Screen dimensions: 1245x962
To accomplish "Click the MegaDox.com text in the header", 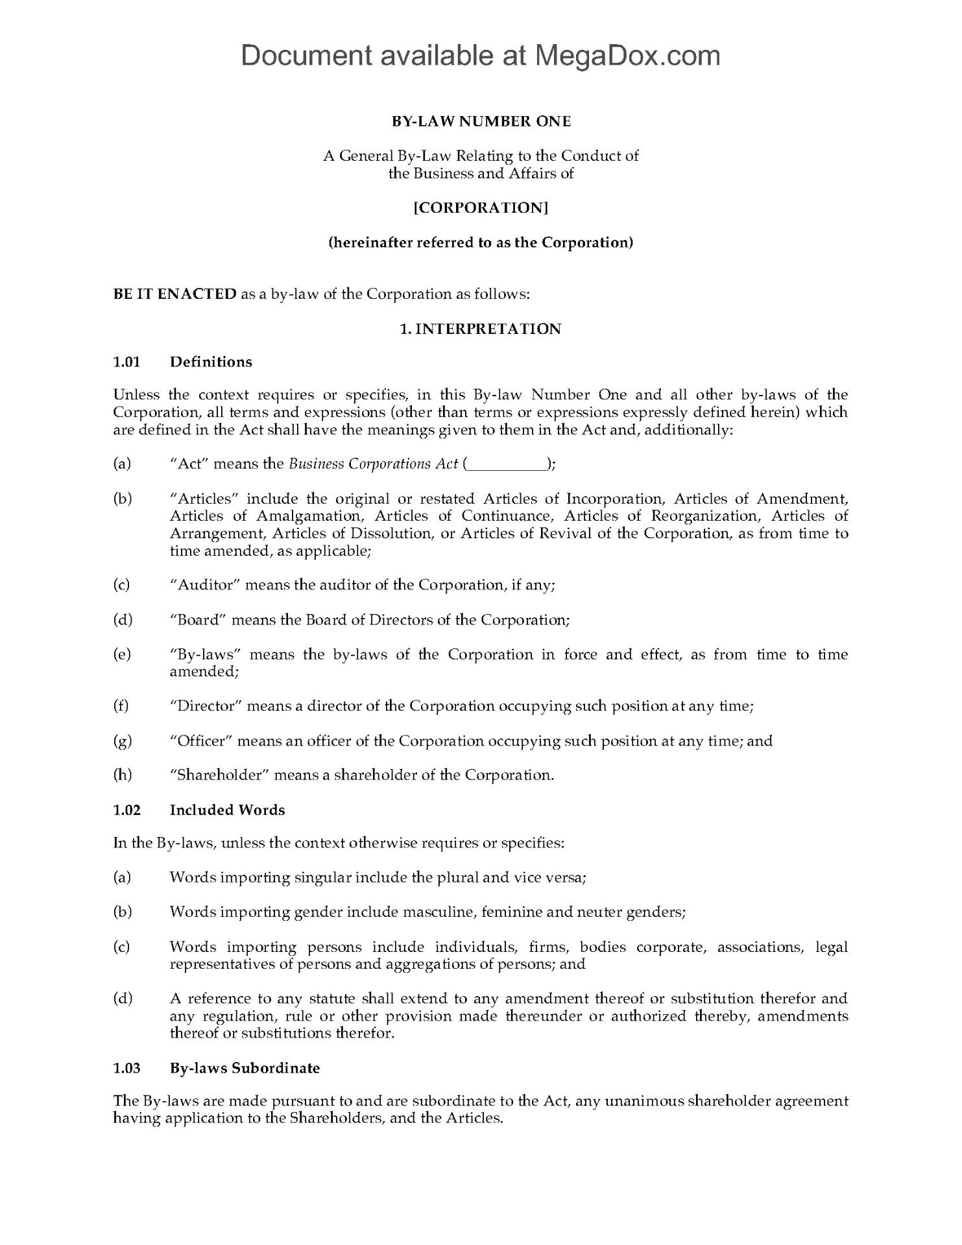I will [x=627, y=56].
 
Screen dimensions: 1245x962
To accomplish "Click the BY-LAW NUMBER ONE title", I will [x=481, y=121].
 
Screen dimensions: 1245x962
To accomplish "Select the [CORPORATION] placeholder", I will [x=481, y=207].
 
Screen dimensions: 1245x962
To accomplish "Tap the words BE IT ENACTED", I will [x=175, y=294].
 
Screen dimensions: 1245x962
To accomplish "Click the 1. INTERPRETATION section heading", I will [x=481, y=329].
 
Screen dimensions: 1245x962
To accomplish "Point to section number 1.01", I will [x=127, y=362].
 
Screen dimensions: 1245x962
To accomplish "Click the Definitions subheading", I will [x=211, y=362].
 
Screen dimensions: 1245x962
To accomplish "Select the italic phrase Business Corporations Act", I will [x=373, y=464].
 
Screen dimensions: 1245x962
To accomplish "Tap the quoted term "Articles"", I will [x=201, y=499].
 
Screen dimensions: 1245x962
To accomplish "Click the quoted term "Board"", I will [x=197, y=620].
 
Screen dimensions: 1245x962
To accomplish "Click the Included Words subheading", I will [x=227, y=810].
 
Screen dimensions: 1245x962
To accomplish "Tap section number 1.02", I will [x=127, y=810].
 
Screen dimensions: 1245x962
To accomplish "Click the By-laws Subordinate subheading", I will [x=245, y=1068].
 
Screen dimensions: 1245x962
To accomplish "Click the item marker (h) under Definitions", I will [x=123, y=775].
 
